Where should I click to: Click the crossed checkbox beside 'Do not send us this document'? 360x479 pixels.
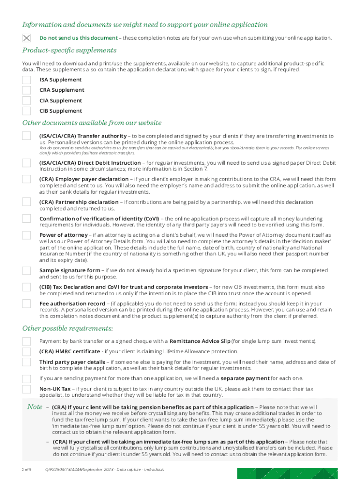pyautogui.click(x=27, y=38)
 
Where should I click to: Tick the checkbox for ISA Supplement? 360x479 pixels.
pyautogui.click(x=27, y=80)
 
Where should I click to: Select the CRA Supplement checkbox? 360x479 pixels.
pyautogui.click(x=27, y=90)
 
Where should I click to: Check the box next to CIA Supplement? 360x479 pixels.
pyautogui.click(x=27, y=101)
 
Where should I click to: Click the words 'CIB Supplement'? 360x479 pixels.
pyautogui.click(x=60, y=111)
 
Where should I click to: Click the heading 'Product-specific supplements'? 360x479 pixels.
pyautogui.click(x=69, y=51)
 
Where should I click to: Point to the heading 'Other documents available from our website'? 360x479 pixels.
pyautogui.click(x=92, y=123)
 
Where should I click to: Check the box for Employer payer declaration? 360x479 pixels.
pyautogui.click(x=27, y=180)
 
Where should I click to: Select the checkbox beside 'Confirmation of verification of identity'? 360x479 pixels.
pyautogui.click(x=27, y=218)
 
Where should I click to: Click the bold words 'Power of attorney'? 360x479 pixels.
pyautogui.click(x=63, y=235)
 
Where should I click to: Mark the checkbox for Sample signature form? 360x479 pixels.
pyautogui.click(x=27, y=270)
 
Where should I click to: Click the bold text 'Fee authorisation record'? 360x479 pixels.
pyautogui.click(x=72, y=304)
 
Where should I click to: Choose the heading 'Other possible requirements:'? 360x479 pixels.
pyautogui.click(x=68, y=328)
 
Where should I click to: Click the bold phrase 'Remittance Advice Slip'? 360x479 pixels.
pyautogui.click(x=200, y=341)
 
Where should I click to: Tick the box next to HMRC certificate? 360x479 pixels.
pyautogui.click(x=27, y=352)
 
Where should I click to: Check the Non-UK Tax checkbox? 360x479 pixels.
pyautogui.click(x=27, y=389)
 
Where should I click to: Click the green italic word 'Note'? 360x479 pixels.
pyautogui.click(x=35, y=407)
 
